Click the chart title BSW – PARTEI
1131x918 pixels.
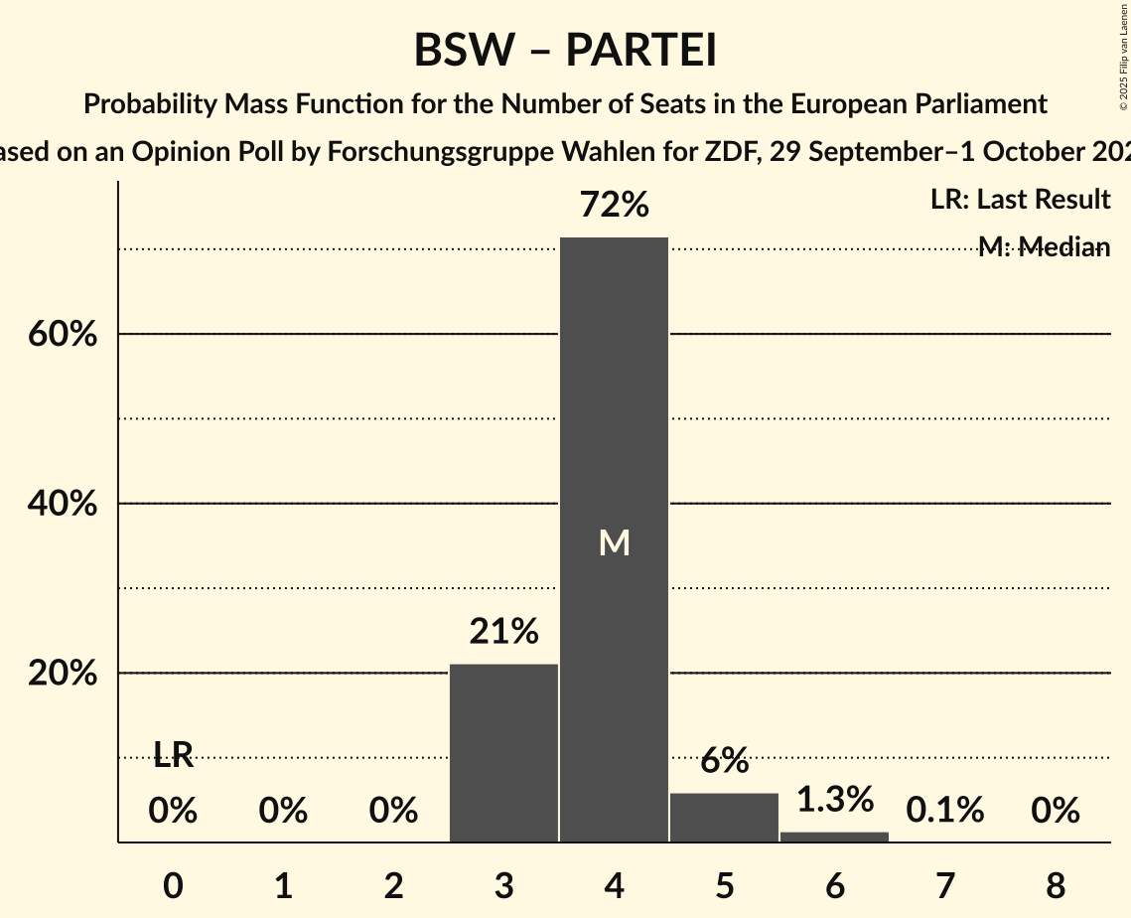click(x=565, y=51)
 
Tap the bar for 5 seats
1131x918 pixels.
click(x=724, y=817)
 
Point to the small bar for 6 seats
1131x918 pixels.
click(x=834, y=837)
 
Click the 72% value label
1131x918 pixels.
click(x=614, y=206)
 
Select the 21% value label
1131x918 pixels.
click(x=503, y=631)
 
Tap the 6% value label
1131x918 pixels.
click(x=724, y=761)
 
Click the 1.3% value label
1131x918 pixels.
click(x=834, y=798)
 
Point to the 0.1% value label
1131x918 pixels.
click(x=944, y=811)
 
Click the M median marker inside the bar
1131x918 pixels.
click(x=614, y=542)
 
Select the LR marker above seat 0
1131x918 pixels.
click(x=173, y=756)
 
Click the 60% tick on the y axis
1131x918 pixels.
click(x=63, y=335)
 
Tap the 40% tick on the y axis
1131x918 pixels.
click(x=63, y=505)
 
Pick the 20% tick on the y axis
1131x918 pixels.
click(x=63, y=674)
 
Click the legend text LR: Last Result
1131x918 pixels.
click(x=1020, y=200)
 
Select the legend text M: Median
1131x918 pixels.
click(x=1043, y=247)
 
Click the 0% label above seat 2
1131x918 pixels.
click(x=393, y=811)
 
